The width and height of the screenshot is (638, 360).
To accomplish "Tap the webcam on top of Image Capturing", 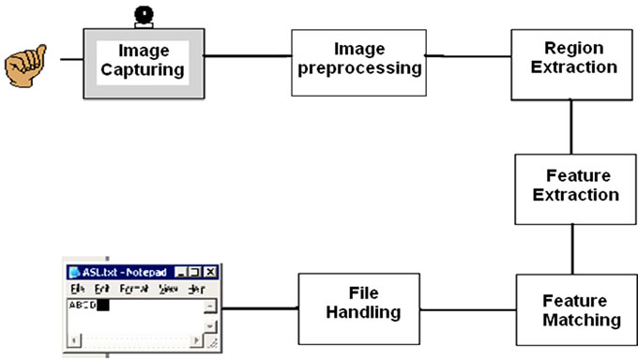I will pyautogui.click(x=144, y=16).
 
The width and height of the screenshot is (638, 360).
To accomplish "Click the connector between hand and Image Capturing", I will pyautogui.click(x=70, y=58).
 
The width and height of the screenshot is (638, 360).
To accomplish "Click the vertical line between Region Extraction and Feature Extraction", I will pyautogui.click(x=571, y=127).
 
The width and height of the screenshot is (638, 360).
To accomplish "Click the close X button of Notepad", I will pyautogui.click(x=211, y=273).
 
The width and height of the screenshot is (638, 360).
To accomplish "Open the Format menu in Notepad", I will pyautogui.click(x=132, y=289).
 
